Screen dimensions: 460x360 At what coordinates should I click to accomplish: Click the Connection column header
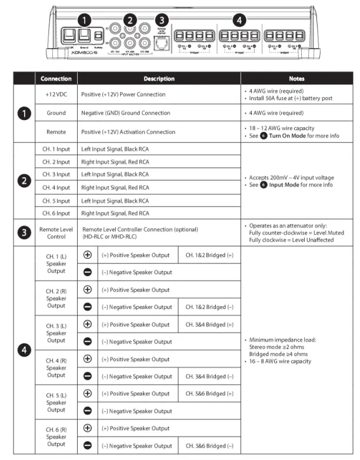[x=56, y=78]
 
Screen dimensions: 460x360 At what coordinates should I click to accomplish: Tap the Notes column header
[x=296, y=78]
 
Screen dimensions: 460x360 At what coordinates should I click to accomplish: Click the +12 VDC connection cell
[x=56, y=94]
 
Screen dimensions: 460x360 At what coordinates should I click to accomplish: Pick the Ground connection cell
[x=56, y=113]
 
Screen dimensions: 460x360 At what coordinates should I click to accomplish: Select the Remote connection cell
[x=56, y=132]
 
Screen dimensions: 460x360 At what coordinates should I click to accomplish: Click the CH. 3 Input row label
[x=56, y=174]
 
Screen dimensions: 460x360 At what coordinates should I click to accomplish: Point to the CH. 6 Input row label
[x=56, y=213]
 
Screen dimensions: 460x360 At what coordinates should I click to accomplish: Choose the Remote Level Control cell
[x=56, y=232]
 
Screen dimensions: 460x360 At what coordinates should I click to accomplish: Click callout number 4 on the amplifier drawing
[x=238, y=19]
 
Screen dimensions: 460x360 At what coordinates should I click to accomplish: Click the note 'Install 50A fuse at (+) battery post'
[x=286, y=98]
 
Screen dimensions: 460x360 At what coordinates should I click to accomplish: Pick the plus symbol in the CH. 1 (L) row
[x=88, y=255]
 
